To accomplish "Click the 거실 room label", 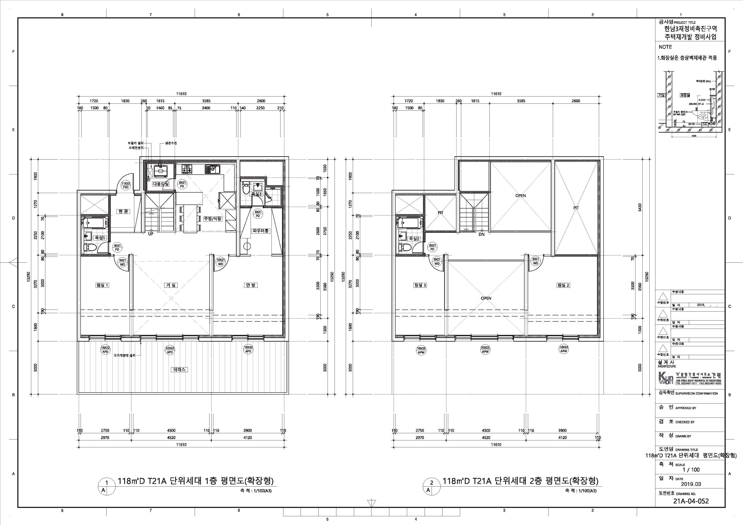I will pos(171,285).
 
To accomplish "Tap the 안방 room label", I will pos(250,285).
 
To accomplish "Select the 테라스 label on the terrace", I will pos(179,369).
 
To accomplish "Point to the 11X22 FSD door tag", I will pos(126,185).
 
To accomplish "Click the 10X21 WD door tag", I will pos(220,262).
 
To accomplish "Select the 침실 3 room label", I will pos(420,285).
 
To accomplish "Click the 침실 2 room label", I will pos(563,285).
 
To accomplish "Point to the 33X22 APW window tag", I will pos(485,350).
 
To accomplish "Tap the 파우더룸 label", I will pos(261,231).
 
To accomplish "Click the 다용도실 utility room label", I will pos(161,184).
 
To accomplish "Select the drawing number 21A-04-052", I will pos(691,501).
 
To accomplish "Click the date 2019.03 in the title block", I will pos(691,484).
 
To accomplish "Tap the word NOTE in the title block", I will pos(665,47).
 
